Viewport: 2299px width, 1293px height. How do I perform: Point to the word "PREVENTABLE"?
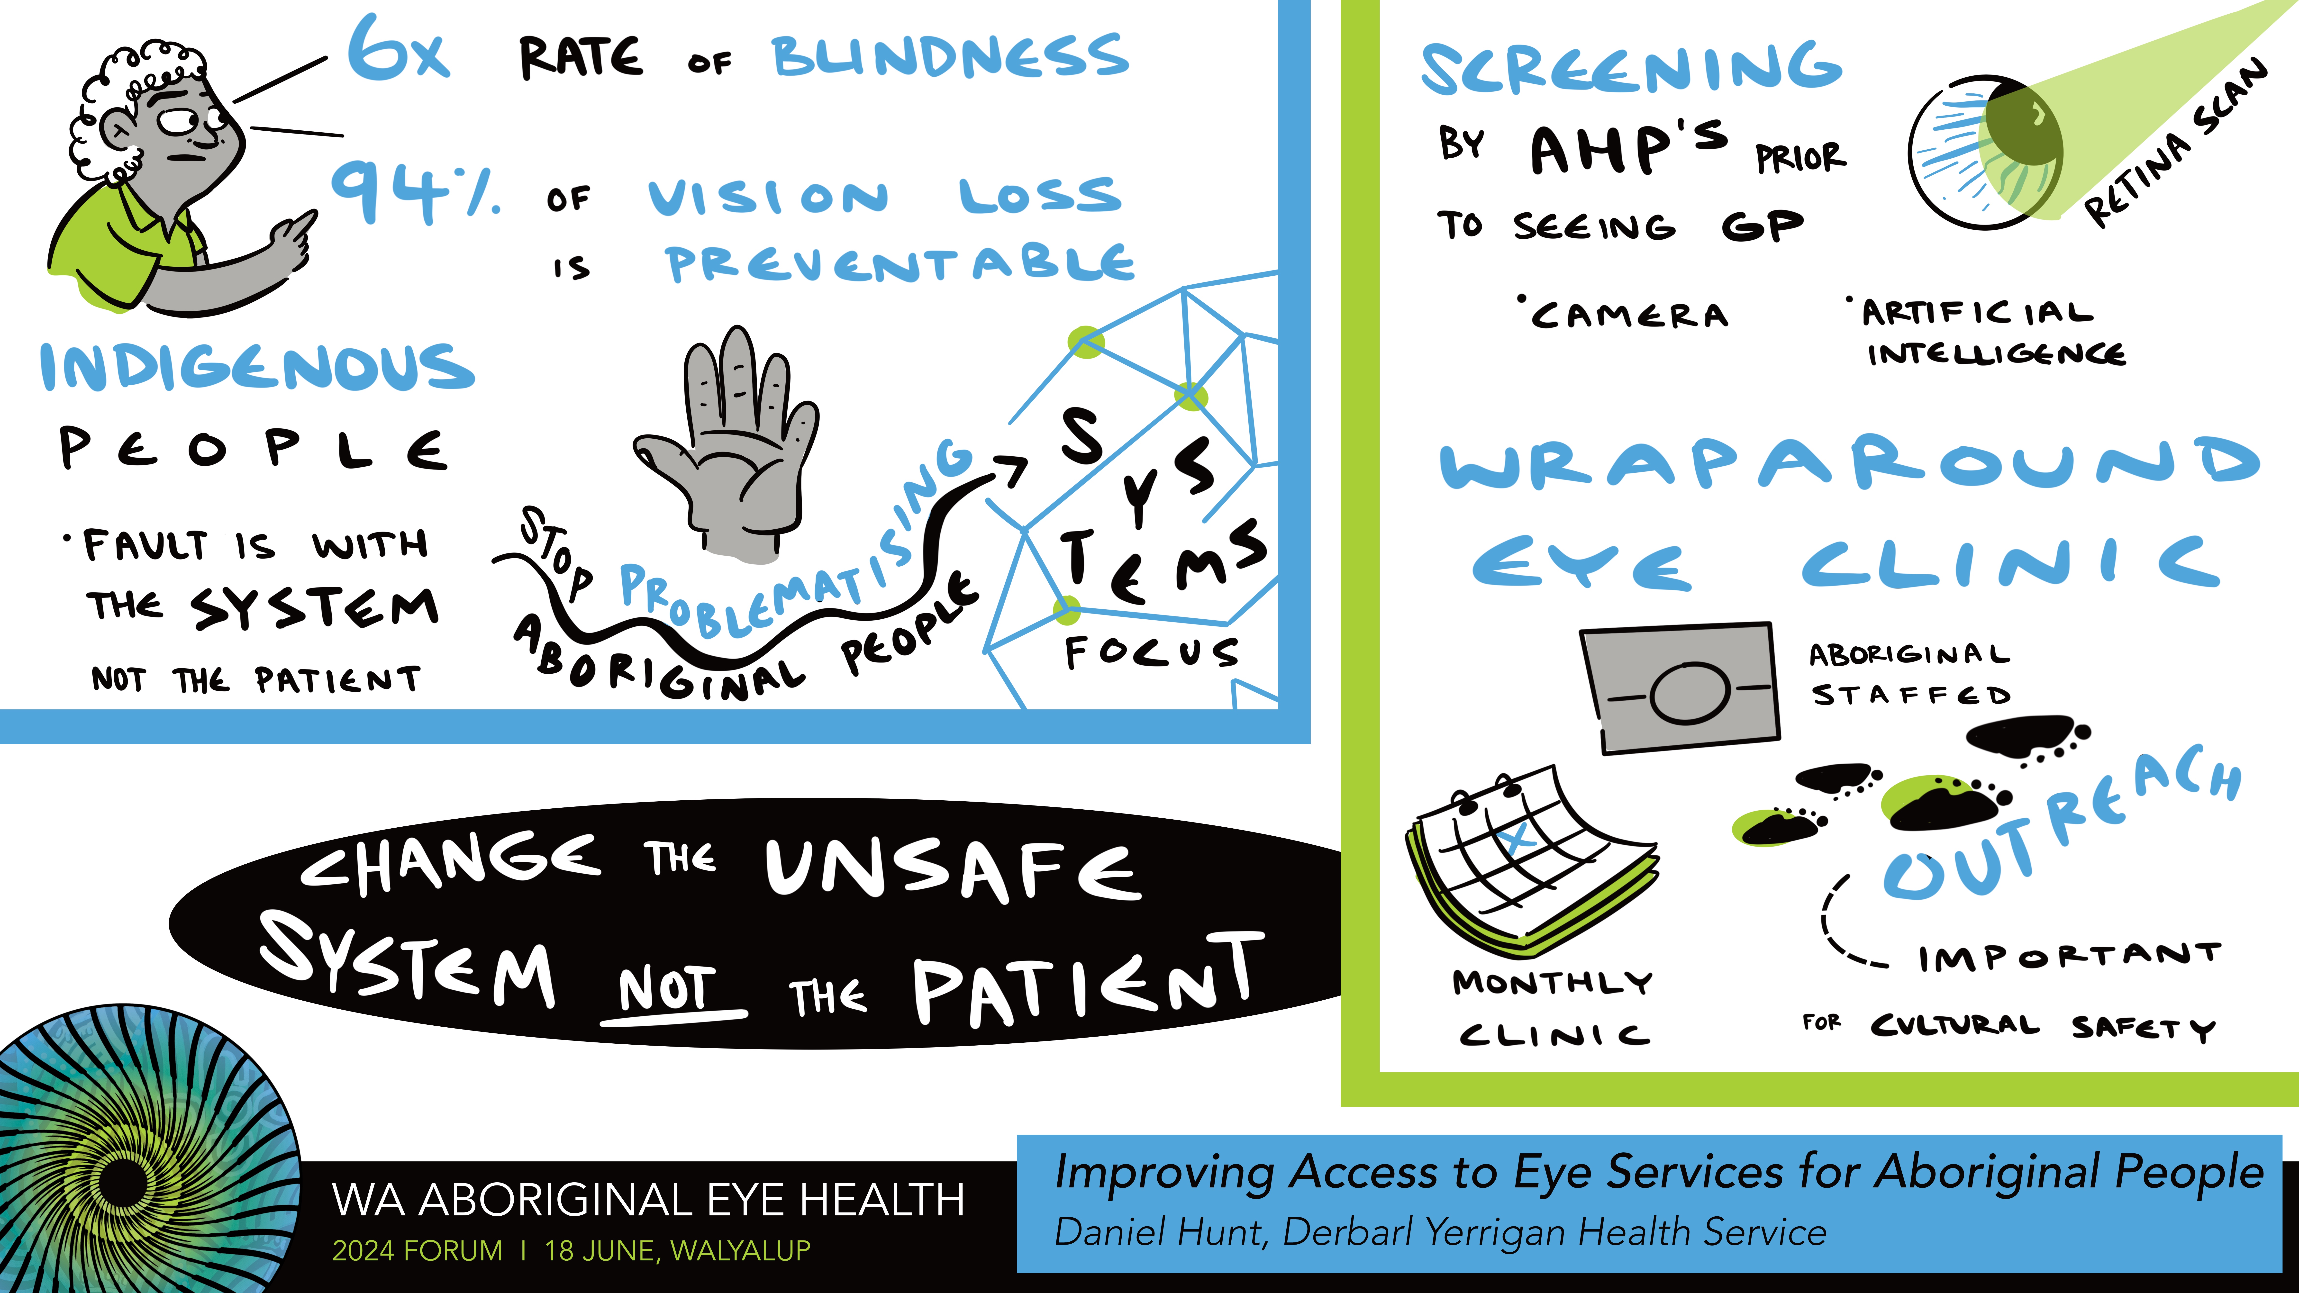[x=900, y=263]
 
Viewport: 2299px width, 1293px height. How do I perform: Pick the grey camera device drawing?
[x=1681, y=687]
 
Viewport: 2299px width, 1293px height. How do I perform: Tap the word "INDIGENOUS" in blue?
[x=257, y=368]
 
